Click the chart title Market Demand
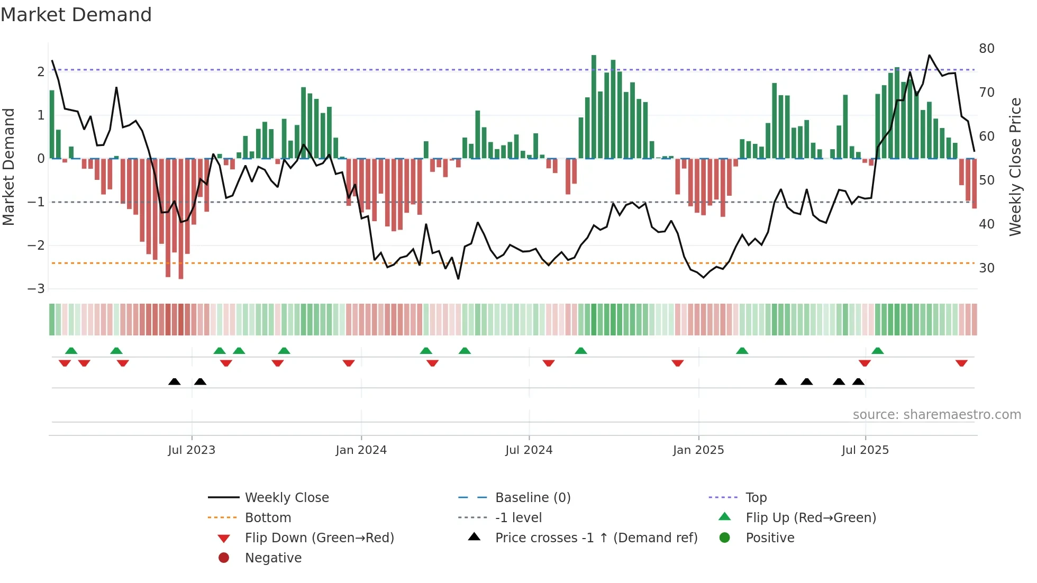76,15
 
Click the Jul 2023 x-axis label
192,450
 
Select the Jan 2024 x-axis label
361,450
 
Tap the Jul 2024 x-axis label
529,450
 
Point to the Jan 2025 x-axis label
698,450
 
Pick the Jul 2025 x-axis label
865,450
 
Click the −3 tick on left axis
36,289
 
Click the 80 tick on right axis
986,49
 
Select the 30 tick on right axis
986,268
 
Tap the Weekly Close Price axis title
1015,167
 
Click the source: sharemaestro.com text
936,415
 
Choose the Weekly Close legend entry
287,498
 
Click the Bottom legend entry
268,518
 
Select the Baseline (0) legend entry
532,498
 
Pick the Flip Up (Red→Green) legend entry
811,518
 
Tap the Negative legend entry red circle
224,558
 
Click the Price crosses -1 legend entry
596,538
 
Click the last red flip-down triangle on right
961,363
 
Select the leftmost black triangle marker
174,381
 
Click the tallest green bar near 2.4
594,106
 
